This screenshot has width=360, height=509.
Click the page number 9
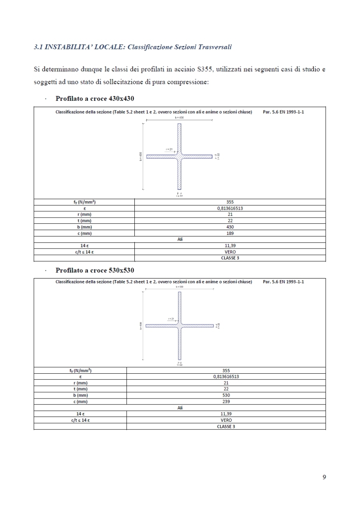click(x=324, y=477)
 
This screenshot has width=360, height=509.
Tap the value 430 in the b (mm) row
click(x=230, y=227)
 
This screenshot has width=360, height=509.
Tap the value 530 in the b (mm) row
click(x=226, y=395)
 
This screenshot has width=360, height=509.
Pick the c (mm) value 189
click(x=230, y=233)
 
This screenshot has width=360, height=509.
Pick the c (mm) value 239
click(x=226, y=401)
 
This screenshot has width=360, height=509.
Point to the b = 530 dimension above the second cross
click(x=179, y=287)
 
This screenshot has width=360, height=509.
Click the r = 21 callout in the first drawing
click(x=169, y=149)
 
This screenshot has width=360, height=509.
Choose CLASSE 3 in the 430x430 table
click(x=230, y=258)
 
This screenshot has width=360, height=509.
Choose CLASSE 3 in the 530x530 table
click(x=226, y=427)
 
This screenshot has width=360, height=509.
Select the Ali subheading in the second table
click(x=180, y=408)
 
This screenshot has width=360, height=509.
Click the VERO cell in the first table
click(x=230, y=252)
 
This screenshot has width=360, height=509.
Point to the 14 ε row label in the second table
click(x=80, y=414)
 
